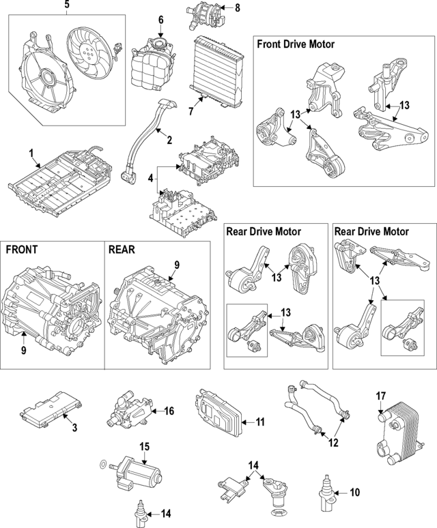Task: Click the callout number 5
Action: click(x=66, y=6)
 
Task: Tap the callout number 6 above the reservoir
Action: click(x=160, y=20)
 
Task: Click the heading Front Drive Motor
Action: click(x=296, y=44)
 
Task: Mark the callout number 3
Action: click(x=74, y=428)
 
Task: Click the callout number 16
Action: click(x=169, y=411)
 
